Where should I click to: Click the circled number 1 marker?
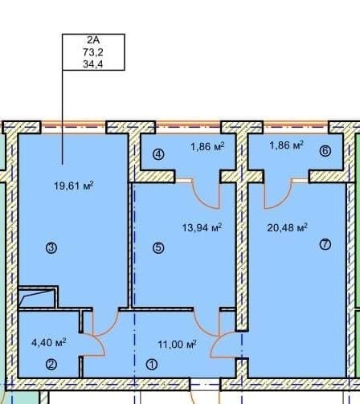[152, 365]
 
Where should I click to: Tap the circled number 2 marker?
[51, 365]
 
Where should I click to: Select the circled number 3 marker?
[51, 248]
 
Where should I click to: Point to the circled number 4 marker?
[158, 154]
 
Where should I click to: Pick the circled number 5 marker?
[158, 248]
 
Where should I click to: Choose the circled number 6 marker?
[325, 151]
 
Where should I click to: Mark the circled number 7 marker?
[325, 244]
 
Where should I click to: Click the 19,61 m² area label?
[74, 186]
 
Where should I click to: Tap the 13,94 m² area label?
[202, 227]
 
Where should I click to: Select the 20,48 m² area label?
[287, 227]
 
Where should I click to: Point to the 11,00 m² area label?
[177, 345]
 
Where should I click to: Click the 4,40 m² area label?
[49, 342]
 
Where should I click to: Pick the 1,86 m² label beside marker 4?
[207, 147]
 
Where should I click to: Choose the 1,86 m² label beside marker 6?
[286, 145]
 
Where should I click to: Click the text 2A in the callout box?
[93, 40]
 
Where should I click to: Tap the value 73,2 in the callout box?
[93, 52]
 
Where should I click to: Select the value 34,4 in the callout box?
[93, 64]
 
